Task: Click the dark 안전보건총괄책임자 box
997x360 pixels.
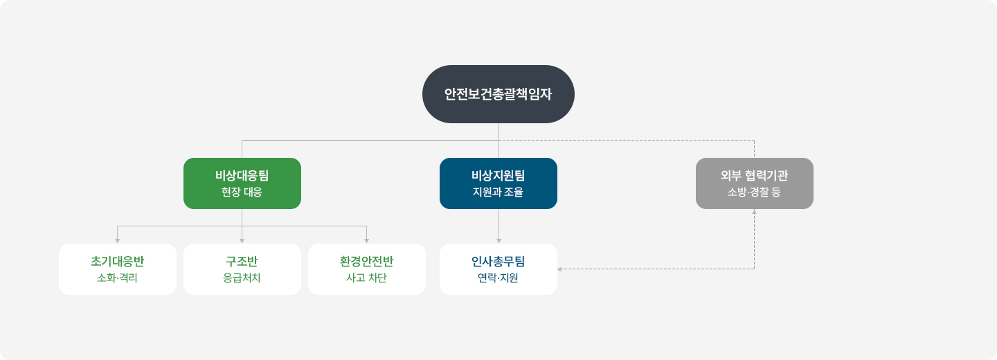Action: pos(498,94)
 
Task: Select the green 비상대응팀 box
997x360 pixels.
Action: pos(242,183)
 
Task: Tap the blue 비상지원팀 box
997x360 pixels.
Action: pos(498,183)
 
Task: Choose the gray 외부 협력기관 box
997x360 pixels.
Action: pos(755,183)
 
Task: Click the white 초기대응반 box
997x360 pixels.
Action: pos(118,269)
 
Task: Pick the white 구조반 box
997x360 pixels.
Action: pos(242,269)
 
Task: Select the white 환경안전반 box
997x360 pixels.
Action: pos(367,269)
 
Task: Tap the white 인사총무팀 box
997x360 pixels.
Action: pos(498,269)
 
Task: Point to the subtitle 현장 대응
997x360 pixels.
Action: pos(242,192)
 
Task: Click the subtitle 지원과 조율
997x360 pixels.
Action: pos(498,192)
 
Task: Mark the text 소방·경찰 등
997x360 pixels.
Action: pos(755,192)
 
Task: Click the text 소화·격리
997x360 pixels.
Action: pos(118,278)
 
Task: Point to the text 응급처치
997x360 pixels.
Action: pos(242,278)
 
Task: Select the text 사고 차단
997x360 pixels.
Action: pos(367,278)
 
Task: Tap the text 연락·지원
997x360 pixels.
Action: pos(498,278)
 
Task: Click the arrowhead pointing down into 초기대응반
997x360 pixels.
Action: pos(118,240)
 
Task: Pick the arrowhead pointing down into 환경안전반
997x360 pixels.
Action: pos(367,240)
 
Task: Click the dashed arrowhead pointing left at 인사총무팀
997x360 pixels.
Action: pos(560,269)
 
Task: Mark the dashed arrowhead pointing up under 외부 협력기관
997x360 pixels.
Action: pos(755,212)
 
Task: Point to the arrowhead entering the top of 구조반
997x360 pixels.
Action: pos(242,240)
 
